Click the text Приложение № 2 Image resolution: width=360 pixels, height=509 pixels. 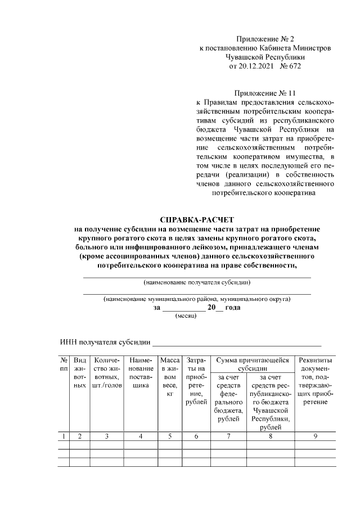click(x=265, y=39)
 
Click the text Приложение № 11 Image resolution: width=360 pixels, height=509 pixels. click(x=265, y=93)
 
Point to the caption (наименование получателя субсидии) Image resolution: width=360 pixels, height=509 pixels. click(x=197, y=282)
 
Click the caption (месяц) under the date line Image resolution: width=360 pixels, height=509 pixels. click(x=186, y=317)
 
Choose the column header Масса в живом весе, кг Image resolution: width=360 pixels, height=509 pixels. click(x=169, y=377)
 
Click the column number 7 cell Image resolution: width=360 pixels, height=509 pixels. click(x=228, y=436)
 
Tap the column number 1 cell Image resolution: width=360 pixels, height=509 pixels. click(x=64, y=436)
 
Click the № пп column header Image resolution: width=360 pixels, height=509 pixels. click(x=64, y=364)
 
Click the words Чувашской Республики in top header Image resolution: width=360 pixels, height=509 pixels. click(x=265, y=57)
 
